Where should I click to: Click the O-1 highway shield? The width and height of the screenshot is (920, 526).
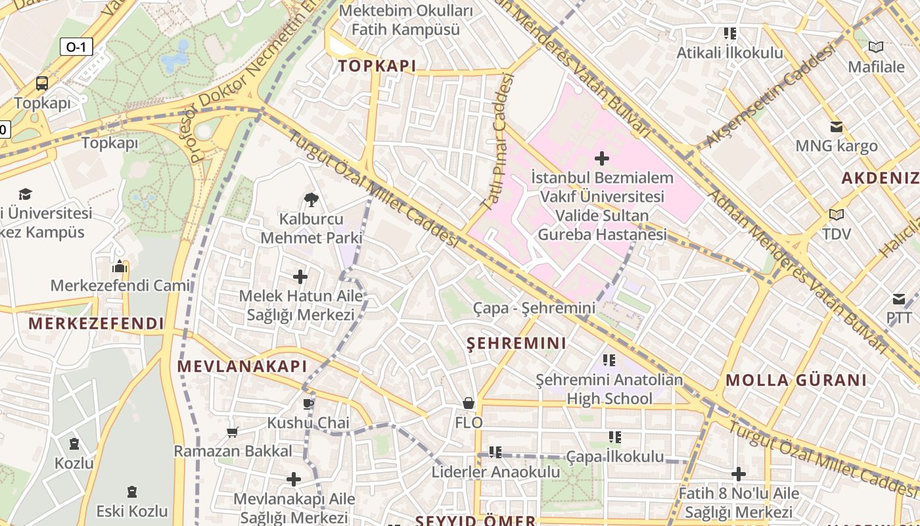pos(76,47)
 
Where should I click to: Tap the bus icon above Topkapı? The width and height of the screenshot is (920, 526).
pos(42,84)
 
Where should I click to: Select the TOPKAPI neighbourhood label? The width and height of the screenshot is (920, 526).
pos(377,66)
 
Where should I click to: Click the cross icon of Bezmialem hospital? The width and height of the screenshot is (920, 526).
pos(601,158)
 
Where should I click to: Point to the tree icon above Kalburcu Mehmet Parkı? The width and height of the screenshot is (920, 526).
pos(311,199)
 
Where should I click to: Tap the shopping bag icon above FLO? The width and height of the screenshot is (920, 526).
pos(469,402)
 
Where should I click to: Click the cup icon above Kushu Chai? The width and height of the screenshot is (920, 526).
pos(308,403)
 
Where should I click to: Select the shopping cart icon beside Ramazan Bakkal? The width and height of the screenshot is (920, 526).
pos(232,432)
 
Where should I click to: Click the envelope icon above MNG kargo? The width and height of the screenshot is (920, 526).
pos(836,126)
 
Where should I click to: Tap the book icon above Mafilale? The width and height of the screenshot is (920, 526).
pos(875,47)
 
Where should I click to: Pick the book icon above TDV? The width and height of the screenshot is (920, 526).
pos(836,214)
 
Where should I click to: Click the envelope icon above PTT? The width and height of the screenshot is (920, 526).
pos(899,300)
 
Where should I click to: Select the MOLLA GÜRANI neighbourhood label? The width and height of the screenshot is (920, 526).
pos(796,380)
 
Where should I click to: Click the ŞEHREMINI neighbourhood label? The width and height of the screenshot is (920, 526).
pos(517,343)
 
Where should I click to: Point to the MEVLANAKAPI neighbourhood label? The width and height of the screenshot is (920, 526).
pos(242,366)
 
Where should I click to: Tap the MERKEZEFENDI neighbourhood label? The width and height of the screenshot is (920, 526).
pos(96,323)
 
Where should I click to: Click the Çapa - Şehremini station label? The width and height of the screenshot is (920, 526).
pos(534,308)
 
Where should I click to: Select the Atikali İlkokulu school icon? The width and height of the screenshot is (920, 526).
pos(729,33)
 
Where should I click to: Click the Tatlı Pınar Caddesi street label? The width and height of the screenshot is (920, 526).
pos(498,143)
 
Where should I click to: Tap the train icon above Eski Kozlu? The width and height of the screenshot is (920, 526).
pos(132,491)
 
